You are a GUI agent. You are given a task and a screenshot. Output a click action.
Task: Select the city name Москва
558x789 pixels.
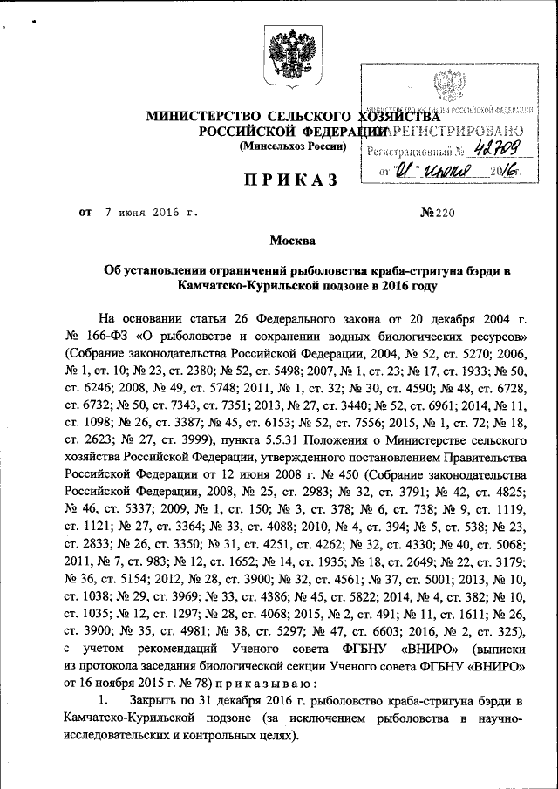coord(292,240)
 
